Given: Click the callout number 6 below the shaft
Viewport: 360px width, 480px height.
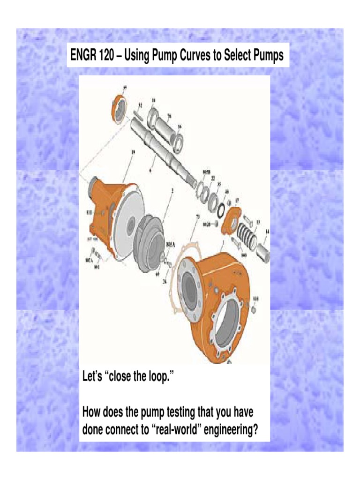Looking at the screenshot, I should click(150, 171).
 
